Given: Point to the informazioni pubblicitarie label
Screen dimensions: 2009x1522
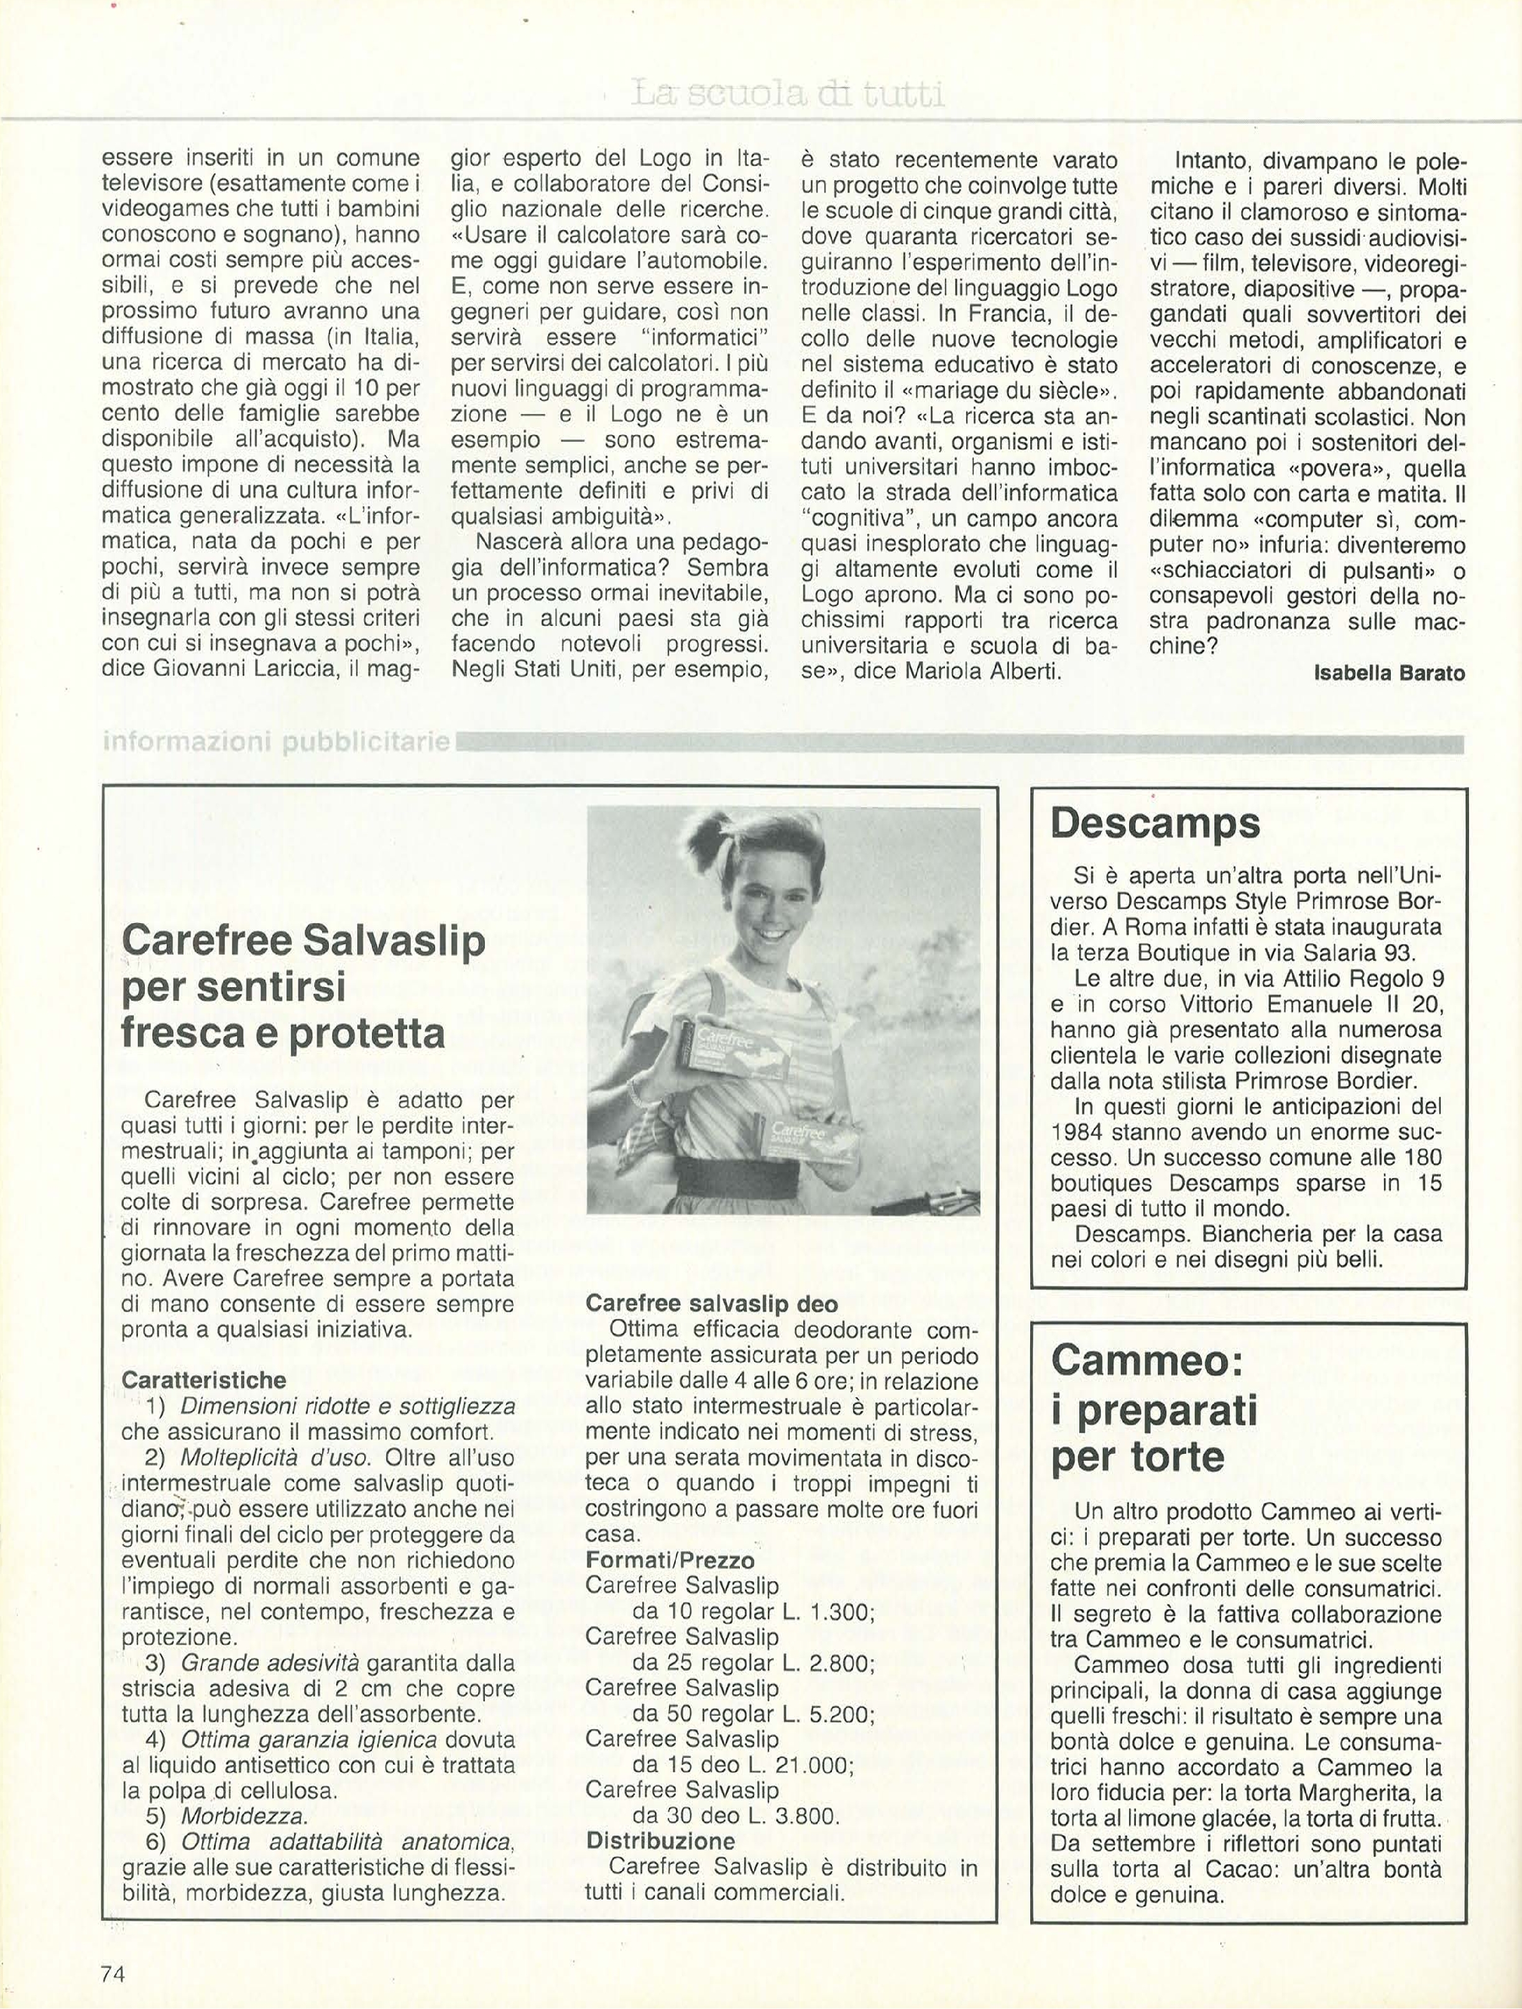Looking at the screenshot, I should [277, 742].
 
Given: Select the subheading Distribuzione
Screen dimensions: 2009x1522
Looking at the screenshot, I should [661, 1841].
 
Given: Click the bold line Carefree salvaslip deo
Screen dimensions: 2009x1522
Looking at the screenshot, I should [711, 1303].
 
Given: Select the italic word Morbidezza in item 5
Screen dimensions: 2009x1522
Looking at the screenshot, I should [244, 1816].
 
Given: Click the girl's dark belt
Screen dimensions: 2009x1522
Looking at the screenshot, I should [745, 1184].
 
